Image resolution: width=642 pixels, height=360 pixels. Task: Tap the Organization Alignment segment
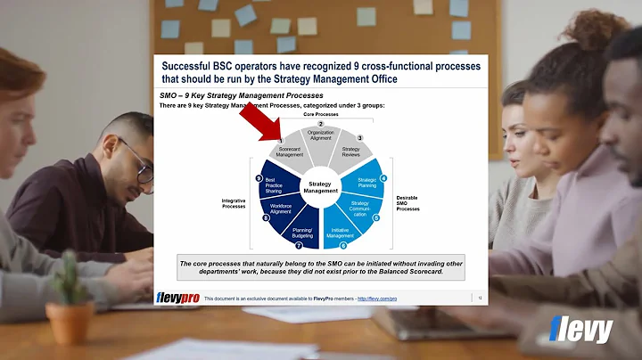tap(320, 136)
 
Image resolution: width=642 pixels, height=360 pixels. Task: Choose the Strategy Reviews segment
tap(352, 151)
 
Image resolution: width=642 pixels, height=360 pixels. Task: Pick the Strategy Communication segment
tap(358, 210)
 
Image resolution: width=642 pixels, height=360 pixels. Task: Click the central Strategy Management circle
tap(320, 187)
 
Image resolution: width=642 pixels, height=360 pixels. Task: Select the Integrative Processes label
tap(233, 203)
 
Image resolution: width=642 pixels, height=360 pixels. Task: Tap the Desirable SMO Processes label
tap(407, 203)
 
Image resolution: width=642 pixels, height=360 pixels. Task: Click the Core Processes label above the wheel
tap(321, 114)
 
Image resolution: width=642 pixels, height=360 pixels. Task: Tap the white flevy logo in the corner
tap(583, 331)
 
